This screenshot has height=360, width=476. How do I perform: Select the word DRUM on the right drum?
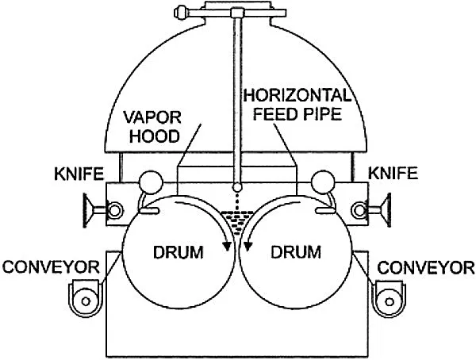[x=295, y=254]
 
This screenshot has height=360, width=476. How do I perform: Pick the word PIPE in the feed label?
[x=325, y=114]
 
